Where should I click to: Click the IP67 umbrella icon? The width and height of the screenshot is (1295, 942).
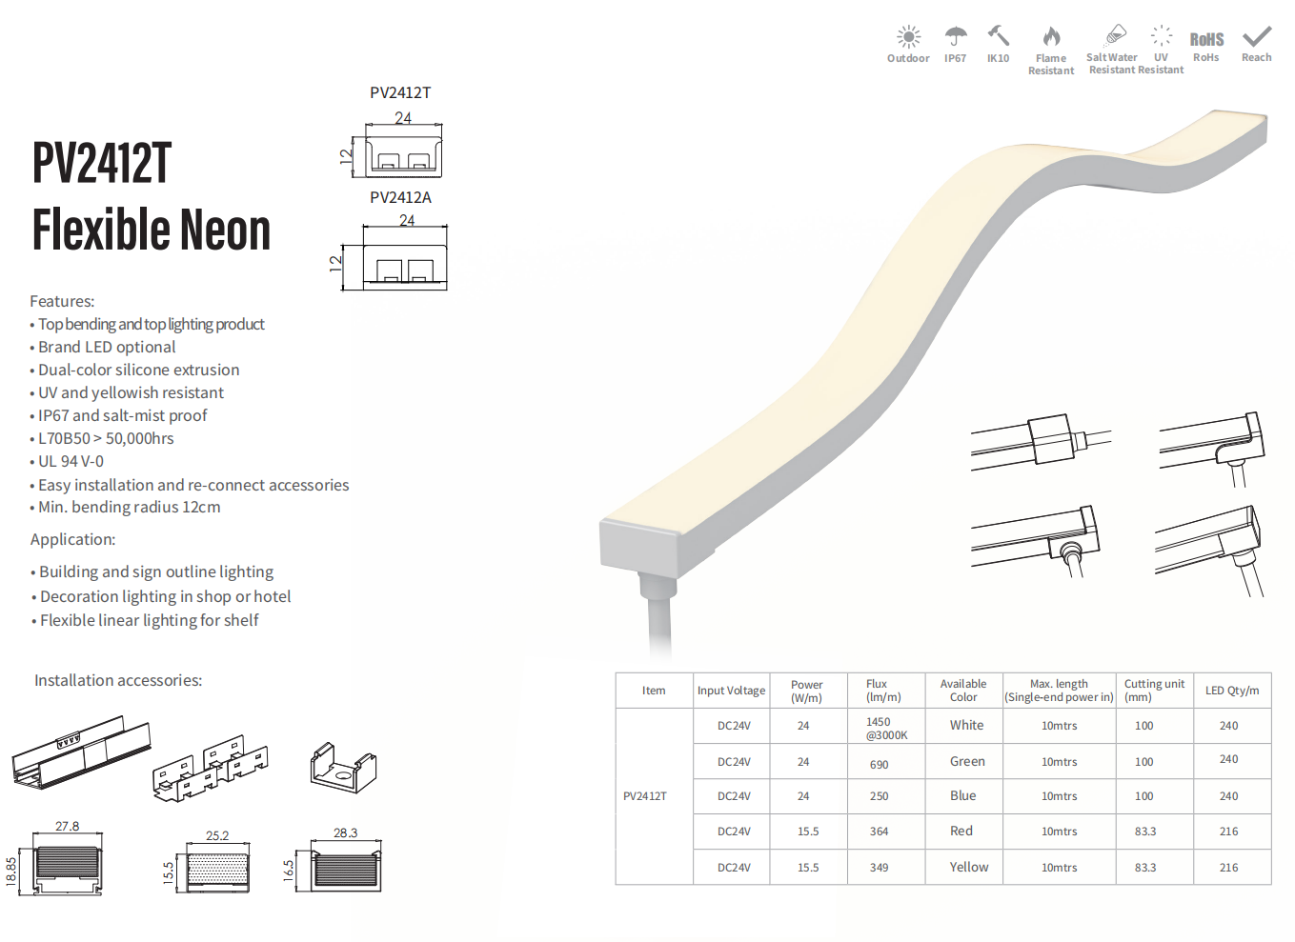(x=956, y=36)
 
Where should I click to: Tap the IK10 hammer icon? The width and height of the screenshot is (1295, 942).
(x=998, y=35)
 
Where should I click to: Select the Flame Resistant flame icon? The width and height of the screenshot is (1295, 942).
(x=1051, y=36)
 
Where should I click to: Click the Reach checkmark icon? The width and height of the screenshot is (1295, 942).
(x=1256, y=36)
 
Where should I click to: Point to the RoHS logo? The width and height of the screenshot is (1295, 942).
(x=1206, y=39)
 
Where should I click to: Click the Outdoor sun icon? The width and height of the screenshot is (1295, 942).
(x=908, y=36)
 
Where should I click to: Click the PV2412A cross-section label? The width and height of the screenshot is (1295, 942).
(x=400, y=198)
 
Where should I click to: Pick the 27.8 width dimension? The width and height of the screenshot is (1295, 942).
(x=67, y=826)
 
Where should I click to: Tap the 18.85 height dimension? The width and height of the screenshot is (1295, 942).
(x=11, y=872)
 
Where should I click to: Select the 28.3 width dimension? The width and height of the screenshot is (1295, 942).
(x=345, y=832)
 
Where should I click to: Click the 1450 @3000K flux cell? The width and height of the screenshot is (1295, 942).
(x=886, y=729)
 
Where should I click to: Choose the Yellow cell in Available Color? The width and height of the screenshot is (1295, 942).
(x=969, y=867)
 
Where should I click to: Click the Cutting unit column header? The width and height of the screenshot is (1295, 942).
(x=1154, y=690)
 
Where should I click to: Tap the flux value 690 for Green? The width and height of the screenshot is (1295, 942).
(x=879, y=764)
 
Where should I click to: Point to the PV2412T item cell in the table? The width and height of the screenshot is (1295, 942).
(x=644, y=795)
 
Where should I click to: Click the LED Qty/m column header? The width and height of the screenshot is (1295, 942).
(x=1232, y=690)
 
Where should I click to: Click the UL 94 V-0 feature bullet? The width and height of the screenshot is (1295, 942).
(x=67, y=461)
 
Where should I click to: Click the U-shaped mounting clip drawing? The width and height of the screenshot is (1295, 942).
(x=343, y=768)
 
